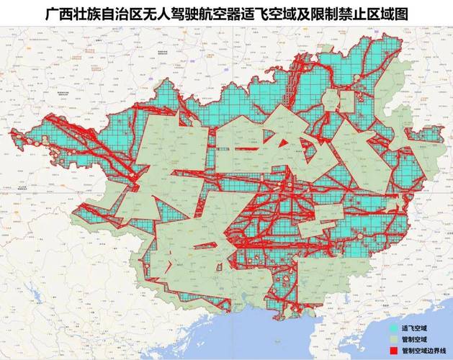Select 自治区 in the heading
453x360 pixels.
point(127,14)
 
